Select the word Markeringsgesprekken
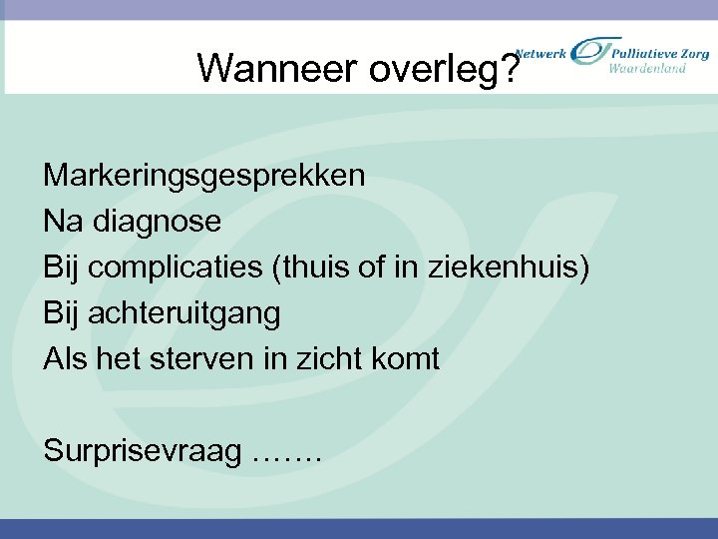click(x=204, y=176)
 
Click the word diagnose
click(x=157, y=222)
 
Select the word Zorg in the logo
click(x=693, y=51)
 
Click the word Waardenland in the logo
click(x=648, y=68)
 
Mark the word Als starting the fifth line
click(x=66, y=359)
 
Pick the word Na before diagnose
click(x=63, y=222)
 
